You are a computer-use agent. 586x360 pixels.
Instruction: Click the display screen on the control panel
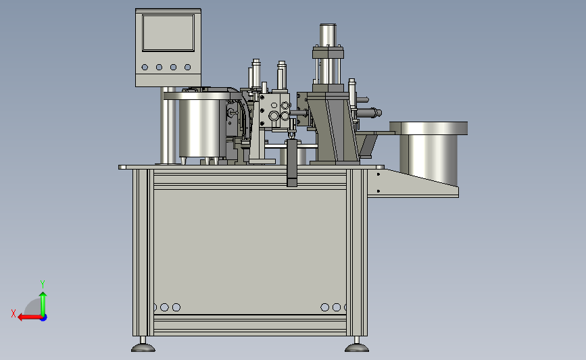pyautogui.click(x=168, y=33)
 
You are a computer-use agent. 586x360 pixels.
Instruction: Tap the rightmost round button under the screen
pyautogui.click(x=188, y=68)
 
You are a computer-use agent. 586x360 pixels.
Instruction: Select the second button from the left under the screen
pyautogui.click(x=160, y=68)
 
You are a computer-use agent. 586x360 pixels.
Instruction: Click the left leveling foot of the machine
pyautogui.click(x=143, y=345)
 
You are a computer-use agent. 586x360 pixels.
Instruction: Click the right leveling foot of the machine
pyautogui.click(x=356, y=345)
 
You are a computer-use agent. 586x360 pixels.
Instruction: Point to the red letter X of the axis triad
pyautogui.click(x=14, y=313)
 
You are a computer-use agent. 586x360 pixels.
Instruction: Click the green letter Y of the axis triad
pyautogui.click(x=42, y=284)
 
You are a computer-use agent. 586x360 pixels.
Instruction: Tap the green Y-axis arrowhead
pyautogui.click(x=43, y=295)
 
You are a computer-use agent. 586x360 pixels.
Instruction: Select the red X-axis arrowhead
pyautogui.click(x=22, y=317)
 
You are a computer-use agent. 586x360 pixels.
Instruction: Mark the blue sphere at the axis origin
pyautogui.click(x=43, y=317)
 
